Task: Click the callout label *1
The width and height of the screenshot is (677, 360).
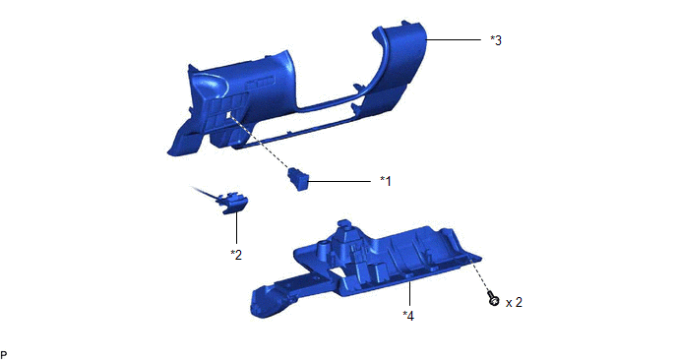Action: click(x=386, y=181)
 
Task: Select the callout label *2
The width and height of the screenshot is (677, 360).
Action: click(x=236, y=255)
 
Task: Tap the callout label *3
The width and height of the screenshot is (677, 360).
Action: click(x=496, y=40)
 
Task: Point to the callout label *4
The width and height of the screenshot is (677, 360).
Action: click(x=408, y=316)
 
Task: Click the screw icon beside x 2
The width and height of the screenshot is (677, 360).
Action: click(x=493, y=299)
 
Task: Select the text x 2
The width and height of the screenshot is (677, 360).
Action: click(x=514, y=302)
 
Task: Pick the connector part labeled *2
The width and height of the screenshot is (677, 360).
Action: click(x=233, y=203)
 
